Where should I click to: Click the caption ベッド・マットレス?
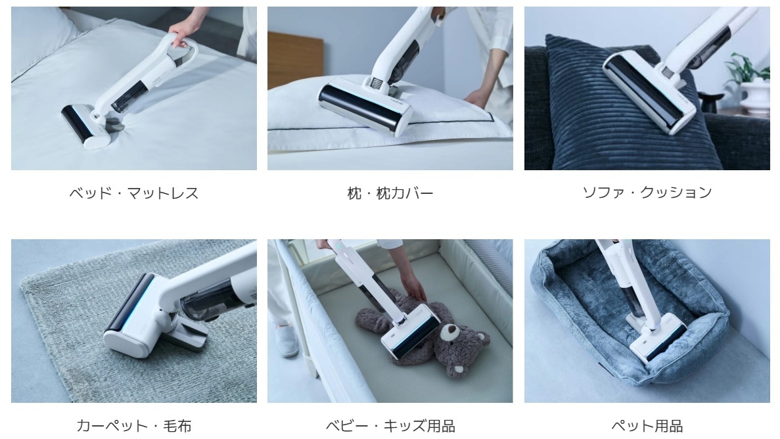point(133,193)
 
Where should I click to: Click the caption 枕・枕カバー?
point(390,193)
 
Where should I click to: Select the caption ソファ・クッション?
point(647,193)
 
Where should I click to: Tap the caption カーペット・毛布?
point(133,425)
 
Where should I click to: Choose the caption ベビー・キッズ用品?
point(390,425)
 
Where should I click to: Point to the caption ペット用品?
point(647,425)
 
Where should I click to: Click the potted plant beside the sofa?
point(749,79)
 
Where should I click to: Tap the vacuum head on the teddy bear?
point(411,329)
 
